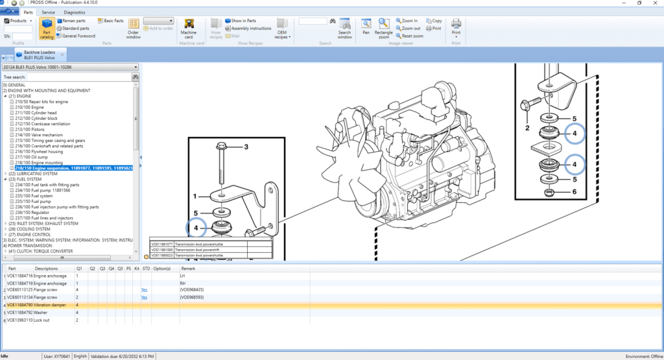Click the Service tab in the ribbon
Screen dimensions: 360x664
coord(48,12)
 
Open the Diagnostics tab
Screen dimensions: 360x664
coord(74,12)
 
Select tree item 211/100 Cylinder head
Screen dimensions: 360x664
coord(38,113)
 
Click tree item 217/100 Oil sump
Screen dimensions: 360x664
coord(32,157)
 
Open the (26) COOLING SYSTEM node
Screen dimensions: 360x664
coord(30,229)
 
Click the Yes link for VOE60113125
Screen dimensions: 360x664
coord(144,290)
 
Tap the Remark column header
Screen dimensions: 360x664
coord(188,268)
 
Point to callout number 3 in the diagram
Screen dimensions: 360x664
coord(246,147)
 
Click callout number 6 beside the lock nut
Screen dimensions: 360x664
coord(573,192)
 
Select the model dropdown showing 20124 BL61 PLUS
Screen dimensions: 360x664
coord(71,67)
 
